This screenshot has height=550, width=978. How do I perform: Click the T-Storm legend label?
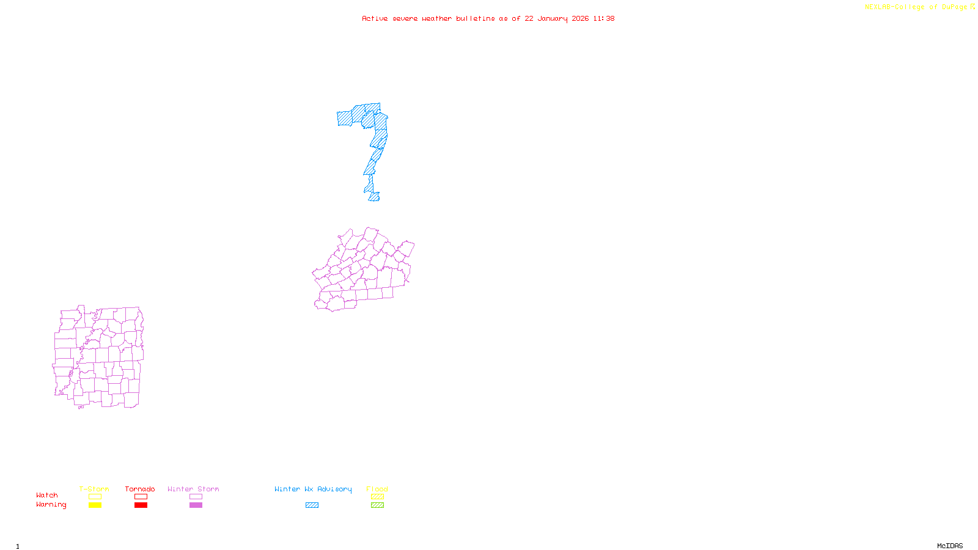point(94,489)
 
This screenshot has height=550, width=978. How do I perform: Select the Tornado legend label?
point(140,489)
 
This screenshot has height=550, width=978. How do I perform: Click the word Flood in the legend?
point(377,489)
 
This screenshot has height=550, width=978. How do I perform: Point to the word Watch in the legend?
point(47,495)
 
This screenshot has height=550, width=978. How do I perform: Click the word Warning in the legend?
point(51,505)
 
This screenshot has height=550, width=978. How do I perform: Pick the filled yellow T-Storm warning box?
point(95,505)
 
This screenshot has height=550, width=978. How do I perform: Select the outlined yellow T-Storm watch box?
point(95,497)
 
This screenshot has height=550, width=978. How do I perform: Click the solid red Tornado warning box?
point(141,505)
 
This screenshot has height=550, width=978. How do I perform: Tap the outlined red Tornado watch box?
point(141,497)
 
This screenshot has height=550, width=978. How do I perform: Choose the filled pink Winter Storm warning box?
point(196,505)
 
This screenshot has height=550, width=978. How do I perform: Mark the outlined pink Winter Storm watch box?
point(196,497)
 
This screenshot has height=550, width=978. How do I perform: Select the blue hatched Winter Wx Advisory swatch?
point(312,505)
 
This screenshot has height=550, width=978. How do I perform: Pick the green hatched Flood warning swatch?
point(377,505)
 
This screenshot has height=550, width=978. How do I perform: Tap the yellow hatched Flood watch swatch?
point(377,497)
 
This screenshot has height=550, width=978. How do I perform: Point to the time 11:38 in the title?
point(604,18)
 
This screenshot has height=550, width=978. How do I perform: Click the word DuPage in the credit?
point(954,7)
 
